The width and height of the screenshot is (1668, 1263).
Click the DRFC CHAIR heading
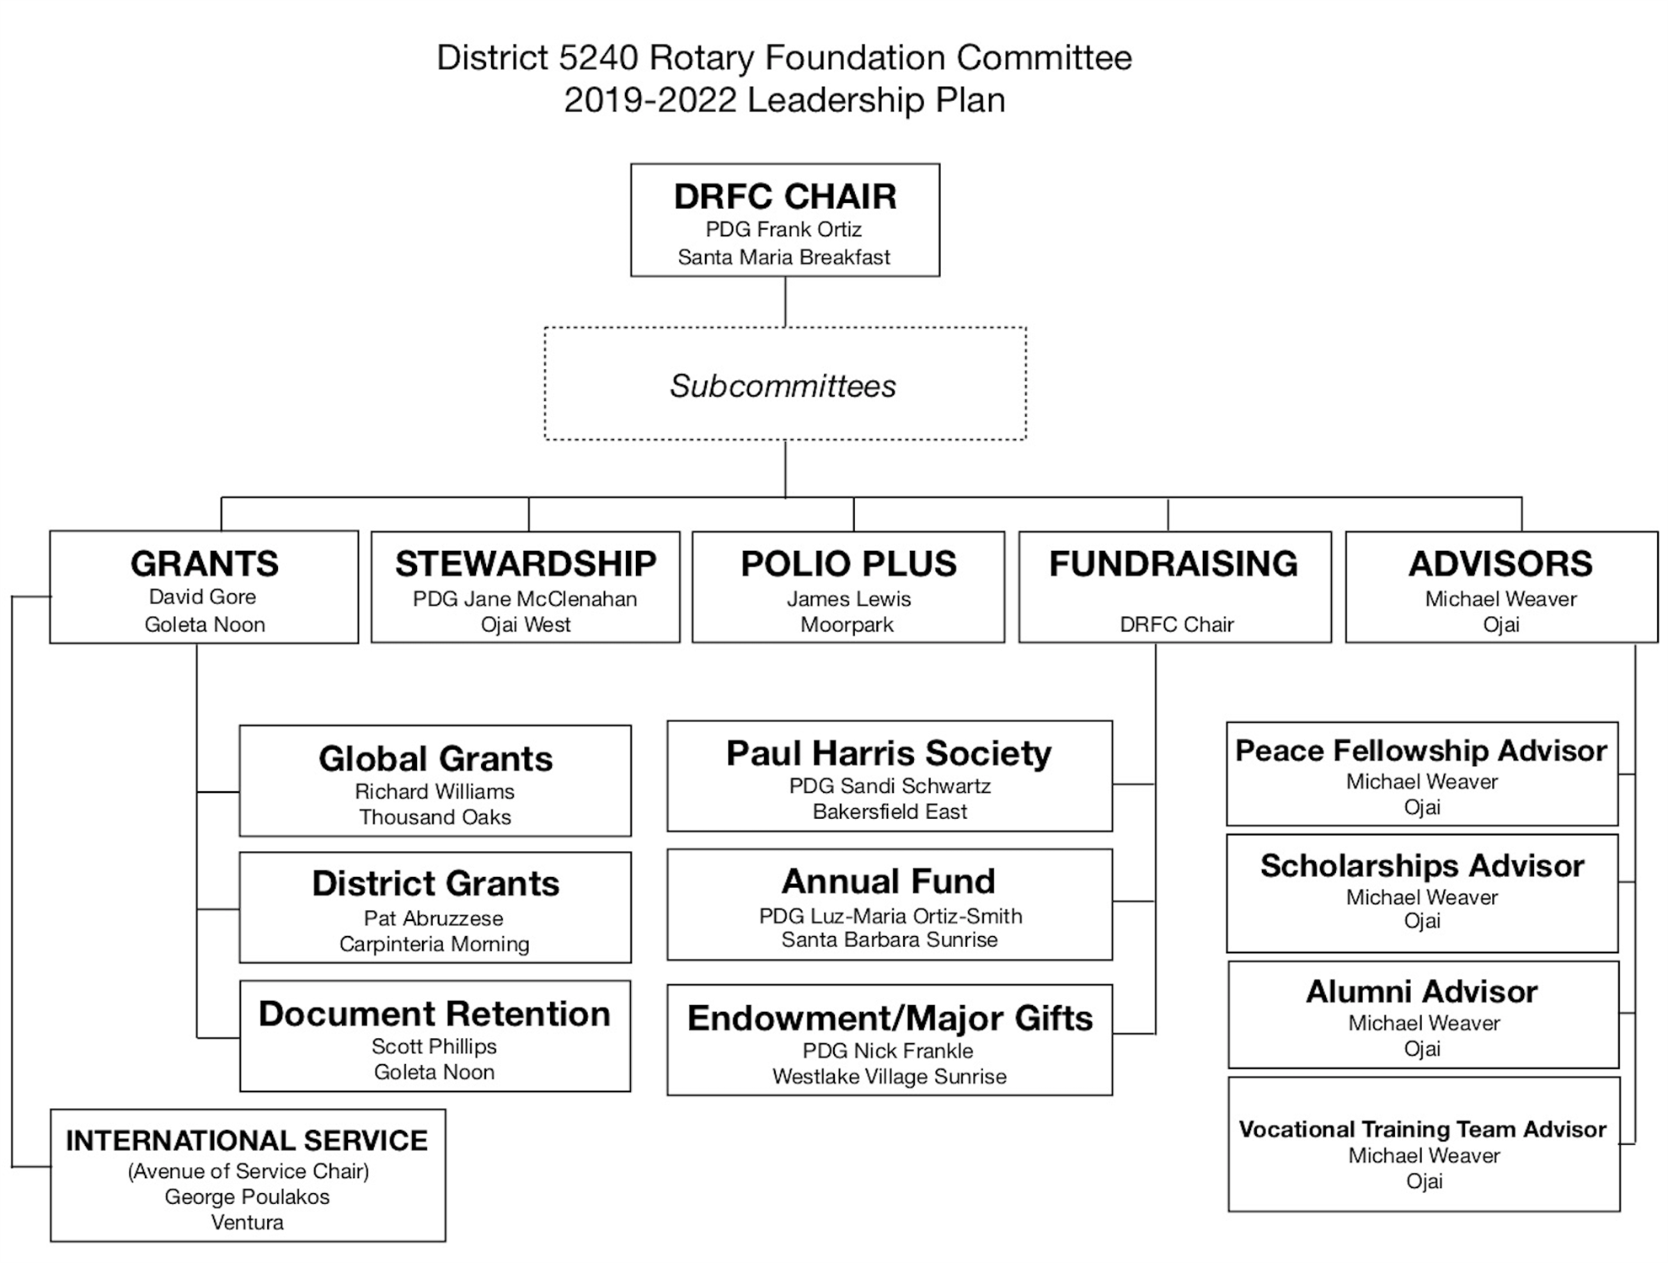784,196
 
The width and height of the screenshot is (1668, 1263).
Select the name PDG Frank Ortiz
783,229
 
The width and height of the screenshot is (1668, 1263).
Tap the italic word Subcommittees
783,386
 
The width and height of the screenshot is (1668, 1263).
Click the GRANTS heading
205,564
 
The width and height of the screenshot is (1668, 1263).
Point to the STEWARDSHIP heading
526,564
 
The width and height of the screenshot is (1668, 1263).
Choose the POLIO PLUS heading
848,564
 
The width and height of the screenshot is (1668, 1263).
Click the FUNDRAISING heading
1173,564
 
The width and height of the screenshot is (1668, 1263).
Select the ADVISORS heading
1500,564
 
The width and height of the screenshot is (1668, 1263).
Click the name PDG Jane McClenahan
525,599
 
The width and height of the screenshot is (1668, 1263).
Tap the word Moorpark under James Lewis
847,624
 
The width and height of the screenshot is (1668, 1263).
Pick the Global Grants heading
436,758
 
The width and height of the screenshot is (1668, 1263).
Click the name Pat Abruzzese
434,918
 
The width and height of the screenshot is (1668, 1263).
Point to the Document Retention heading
435,1014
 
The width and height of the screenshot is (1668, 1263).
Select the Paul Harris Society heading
889,753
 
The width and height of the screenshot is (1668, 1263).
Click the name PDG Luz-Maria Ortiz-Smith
890,916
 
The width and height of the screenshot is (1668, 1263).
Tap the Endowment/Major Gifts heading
890,1018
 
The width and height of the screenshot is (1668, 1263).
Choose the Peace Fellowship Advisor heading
1421,751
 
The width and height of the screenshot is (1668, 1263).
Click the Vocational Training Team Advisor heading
1423,1129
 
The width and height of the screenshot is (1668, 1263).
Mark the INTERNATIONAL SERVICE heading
247,1140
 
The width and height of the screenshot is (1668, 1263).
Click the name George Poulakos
247,1196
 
